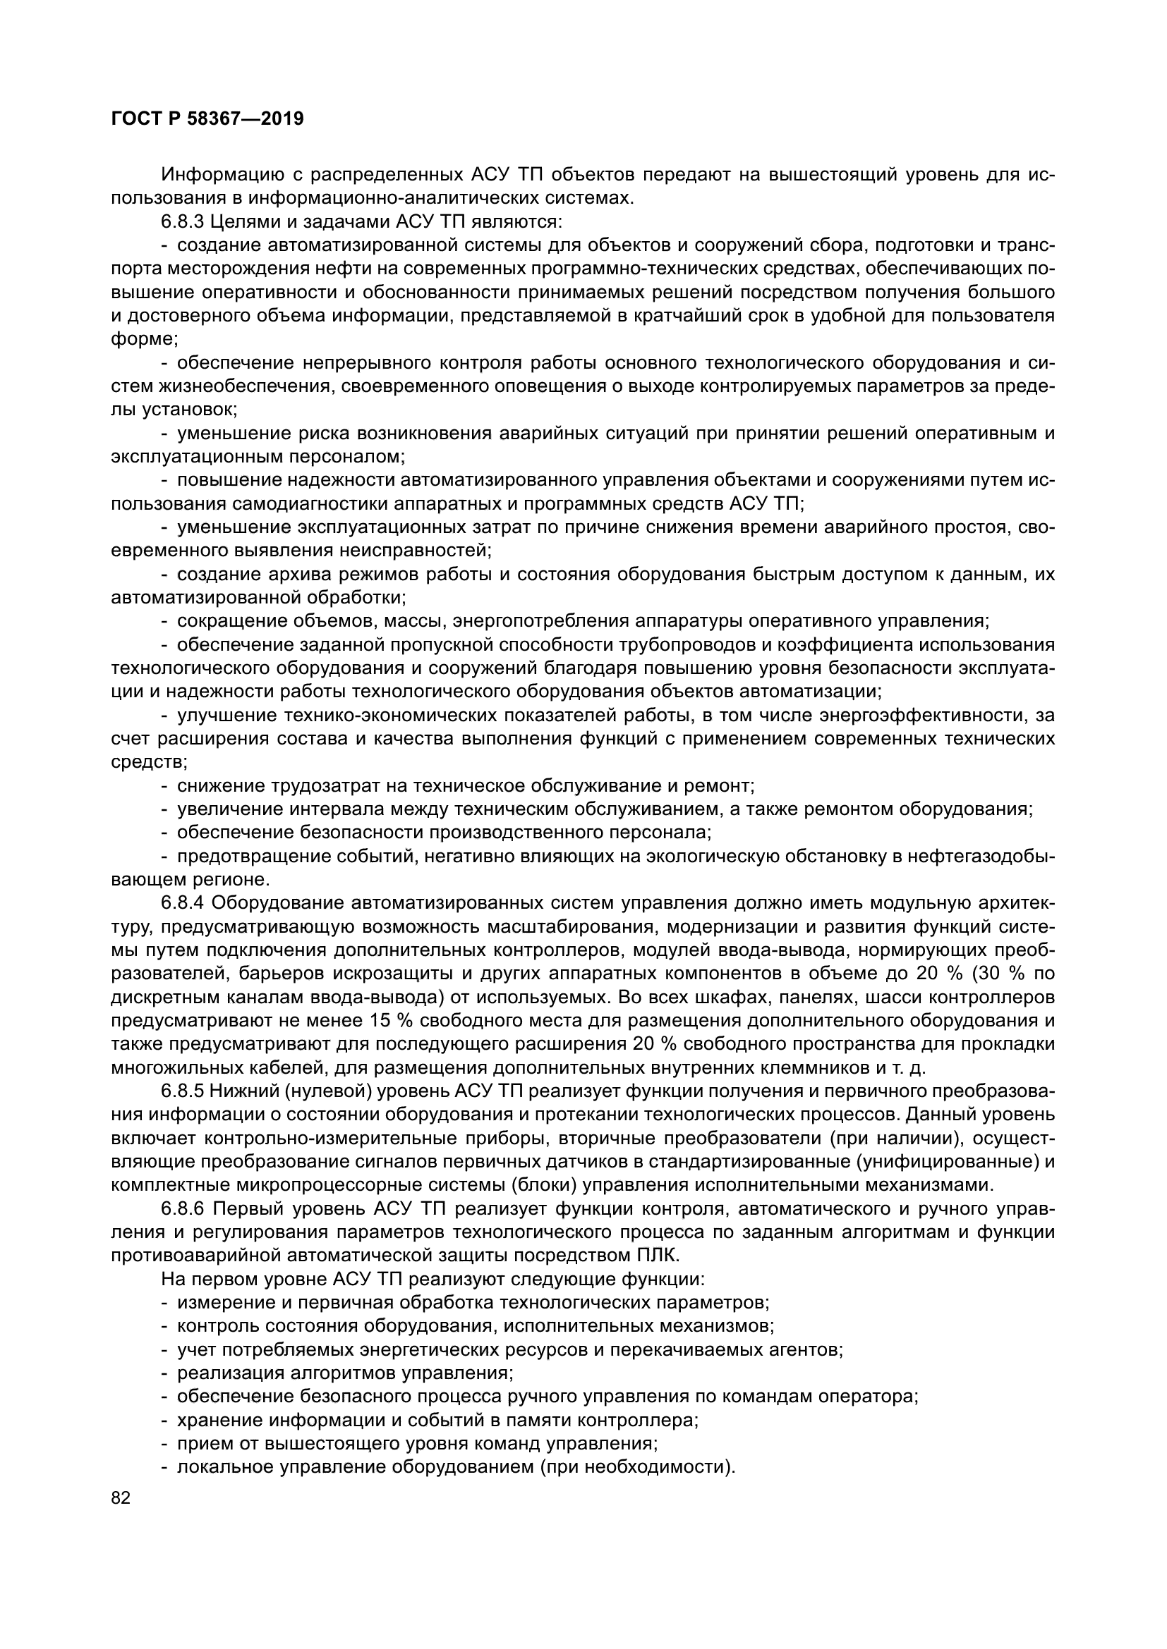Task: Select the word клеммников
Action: click(x=799, y=1067)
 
